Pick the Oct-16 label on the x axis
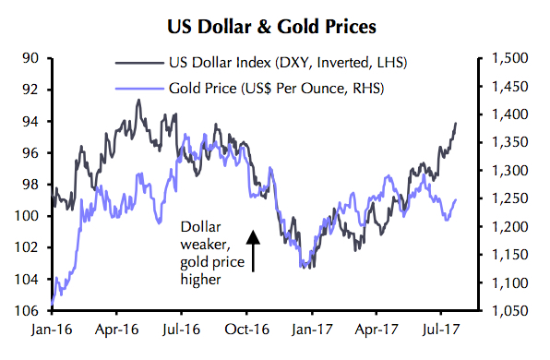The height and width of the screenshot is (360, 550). pyautogui.click(x=246, y=328)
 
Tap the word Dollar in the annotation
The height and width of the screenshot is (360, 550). pyautogui.click(x=200, y=225)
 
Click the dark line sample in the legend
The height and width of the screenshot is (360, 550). pyautogui.click(x=137, y=64)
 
